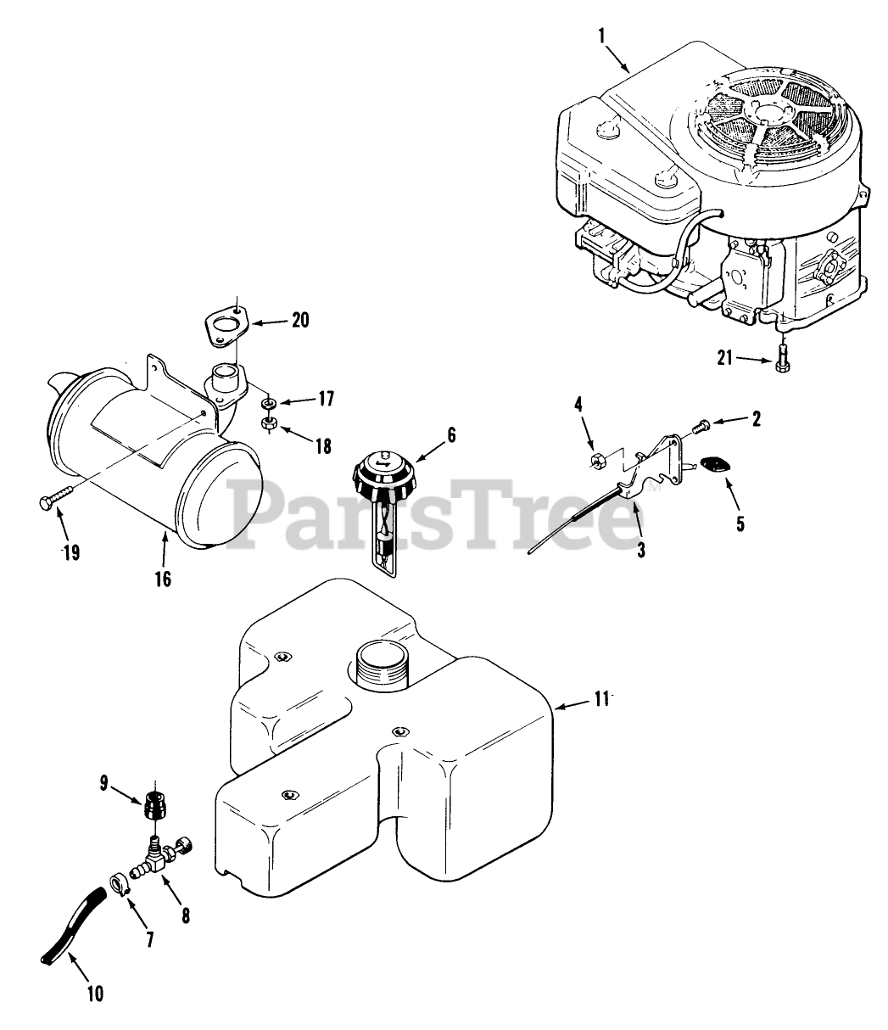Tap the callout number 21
click(724, 359)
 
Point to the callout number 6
click(451, 434)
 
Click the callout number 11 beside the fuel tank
click(601, 698)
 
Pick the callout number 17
click(326, 397)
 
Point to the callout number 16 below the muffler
click(162, 579)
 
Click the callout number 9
click(104, 783)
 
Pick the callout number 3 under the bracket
click(640, 549)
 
